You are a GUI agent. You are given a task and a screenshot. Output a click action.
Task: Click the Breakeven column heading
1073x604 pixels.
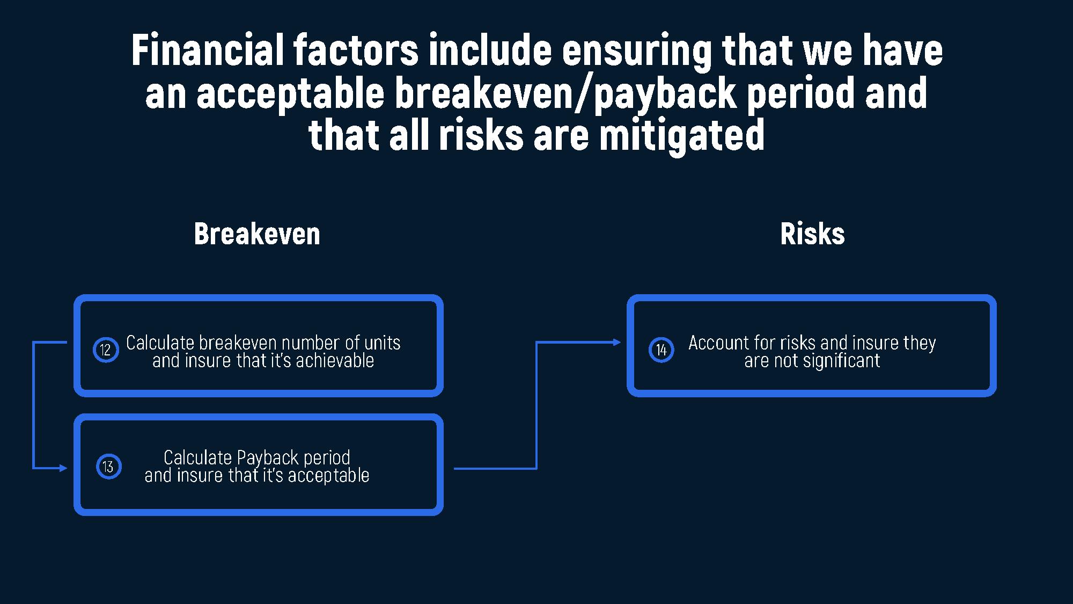(257, 234)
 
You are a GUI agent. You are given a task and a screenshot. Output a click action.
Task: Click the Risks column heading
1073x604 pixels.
(812, 234)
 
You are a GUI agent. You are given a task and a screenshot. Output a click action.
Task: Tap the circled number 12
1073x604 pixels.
(106, 350)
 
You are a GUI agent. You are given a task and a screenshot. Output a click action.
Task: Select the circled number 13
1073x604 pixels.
(108, 466)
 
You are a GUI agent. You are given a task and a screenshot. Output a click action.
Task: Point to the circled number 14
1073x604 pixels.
(661, 350)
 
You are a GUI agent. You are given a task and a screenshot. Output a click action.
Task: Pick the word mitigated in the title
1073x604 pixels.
(681, 135)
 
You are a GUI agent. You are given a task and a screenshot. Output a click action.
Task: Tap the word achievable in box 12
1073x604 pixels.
(335, 360)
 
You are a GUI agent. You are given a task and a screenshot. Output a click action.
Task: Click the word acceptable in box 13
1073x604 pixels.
(328, 476)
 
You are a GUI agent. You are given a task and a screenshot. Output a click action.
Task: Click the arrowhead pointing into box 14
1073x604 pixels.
(617, 342)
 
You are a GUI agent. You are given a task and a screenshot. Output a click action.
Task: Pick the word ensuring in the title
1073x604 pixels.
(637, 51)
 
